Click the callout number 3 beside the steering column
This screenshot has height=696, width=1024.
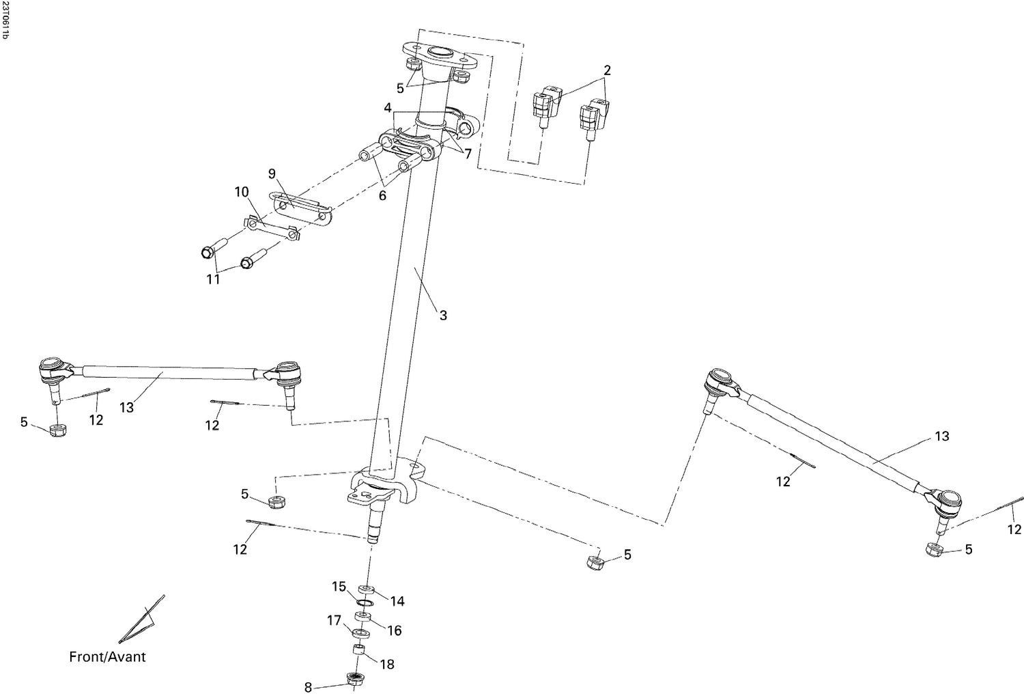443,316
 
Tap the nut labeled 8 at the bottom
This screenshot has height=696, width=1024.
354,679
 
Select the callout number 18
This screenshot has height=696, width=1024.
386,664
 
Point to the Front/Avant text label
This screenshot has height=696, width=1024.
107,657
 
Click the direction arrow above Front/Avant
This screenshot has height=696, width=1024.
143,620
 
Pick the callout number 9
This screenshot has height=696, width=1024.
272,174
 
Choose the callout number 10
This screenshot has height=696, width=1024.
242,192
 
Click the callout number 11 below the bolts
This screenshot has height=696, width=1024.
214,279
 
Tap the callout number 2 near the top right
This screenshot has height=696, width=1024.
607,70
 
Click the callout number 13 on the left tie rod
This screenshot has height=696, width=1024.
126,407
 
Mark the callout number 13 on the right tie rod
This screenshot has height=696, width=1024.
941,436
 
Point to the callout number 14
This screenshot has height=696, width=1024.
397,601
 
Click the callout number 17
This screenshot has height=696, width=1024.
334,620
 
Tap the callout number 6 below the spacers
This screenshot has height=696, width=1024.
382,195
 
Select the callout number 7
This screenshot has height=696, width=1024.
468,154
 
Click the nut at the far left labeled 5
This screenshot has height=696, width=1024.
59,430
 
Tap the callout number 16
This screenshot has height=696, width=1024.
395,630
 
